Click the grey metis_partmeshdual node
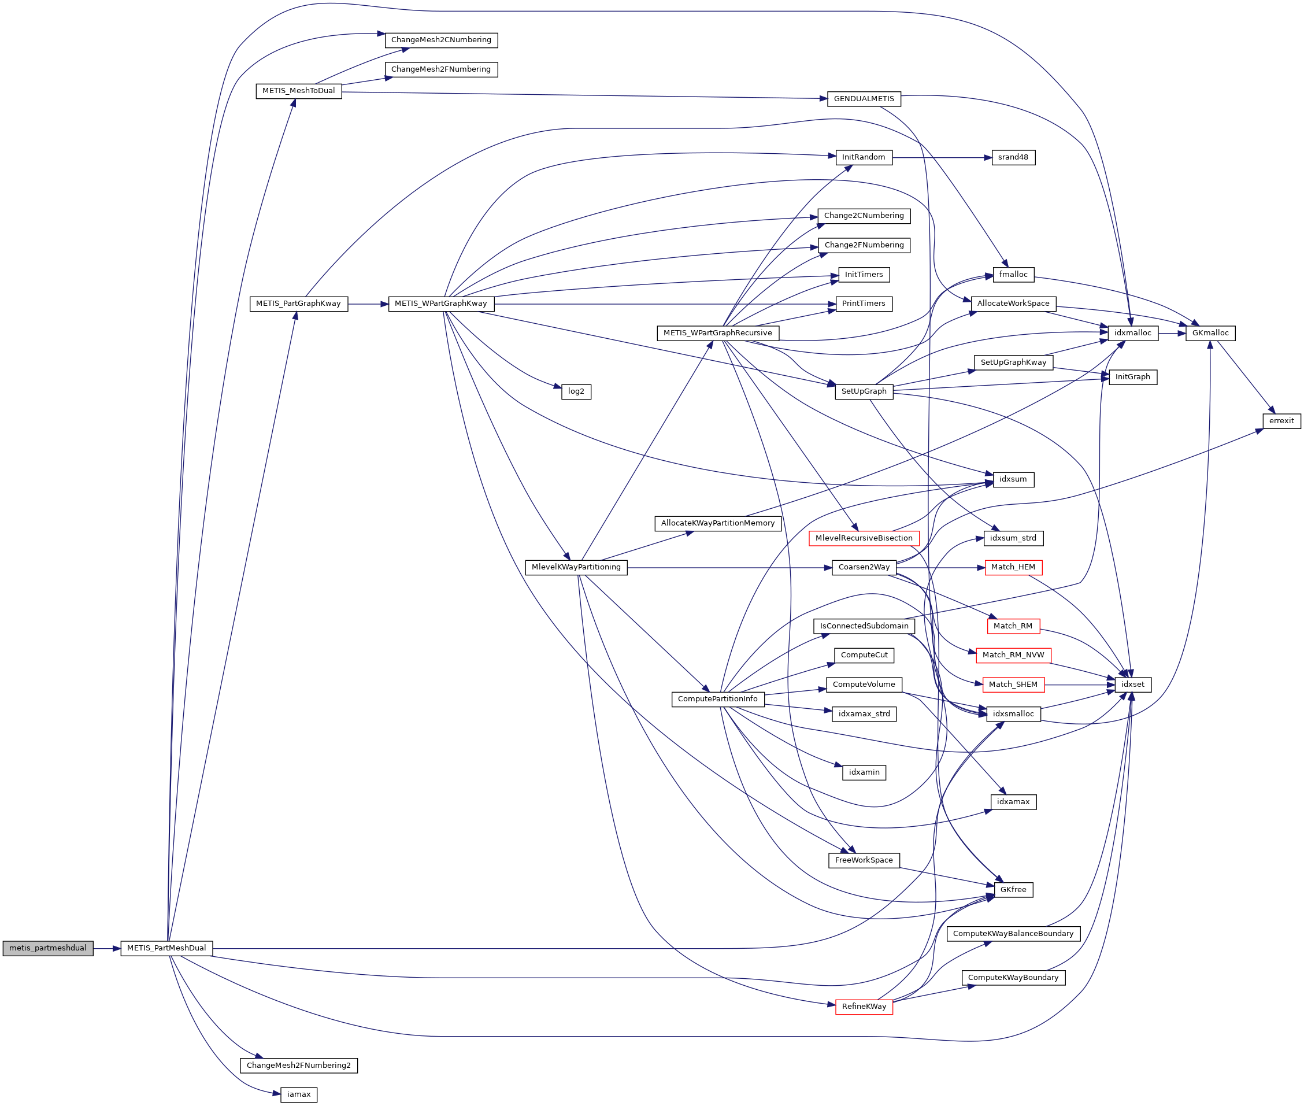click(x=47, y=948)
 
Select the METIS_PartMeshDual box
click(x=166, y=948)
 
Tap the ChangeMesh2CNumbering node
click(x=440, y=40)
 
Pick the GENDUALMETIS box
click(x=864, y=99)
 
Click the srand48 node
click(x=1013, y=157)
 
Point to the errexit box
click(x=1281, y=421)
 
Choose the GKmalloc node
click(x=1209, y=333)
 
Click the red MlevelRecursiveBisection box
click(x=864, y=538)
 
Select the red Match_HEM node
click(x=1013, y=567)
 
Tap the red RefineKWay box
click(x=864, y=1007)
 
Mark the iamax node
click(x=298, y=1094)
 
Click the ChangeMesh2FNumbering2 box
click(x=298, y=1066)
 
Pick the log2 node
click(x=576, y=392)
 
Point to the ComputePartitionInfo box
click(x=717, y=699)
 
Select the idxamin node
click(x=864, y=772)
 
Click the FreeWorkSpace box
click(x=864, y=860)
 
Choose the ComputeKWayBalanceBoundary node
click(x=1013, y=934)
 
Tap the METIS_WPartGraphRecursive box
click(x=717, y=333)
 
